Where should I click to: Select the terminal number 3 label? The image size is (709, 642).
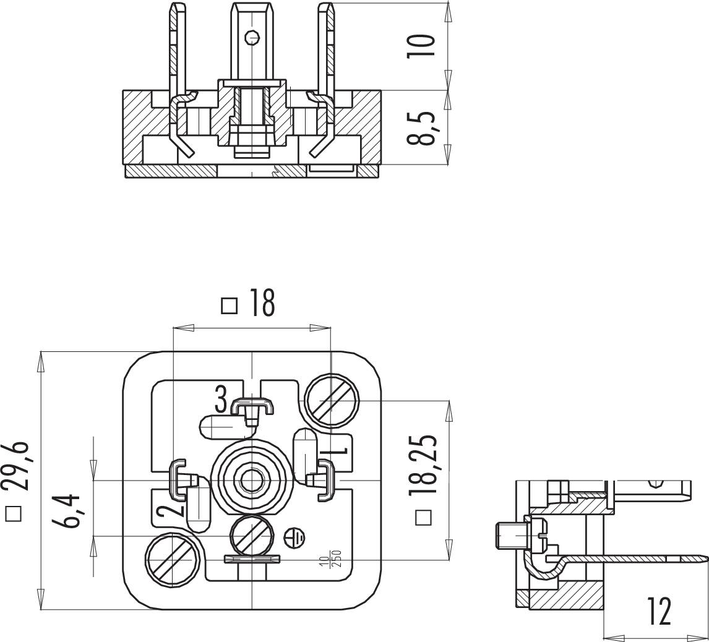221,399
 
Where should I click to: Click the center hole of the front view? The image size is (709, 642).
251,479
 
